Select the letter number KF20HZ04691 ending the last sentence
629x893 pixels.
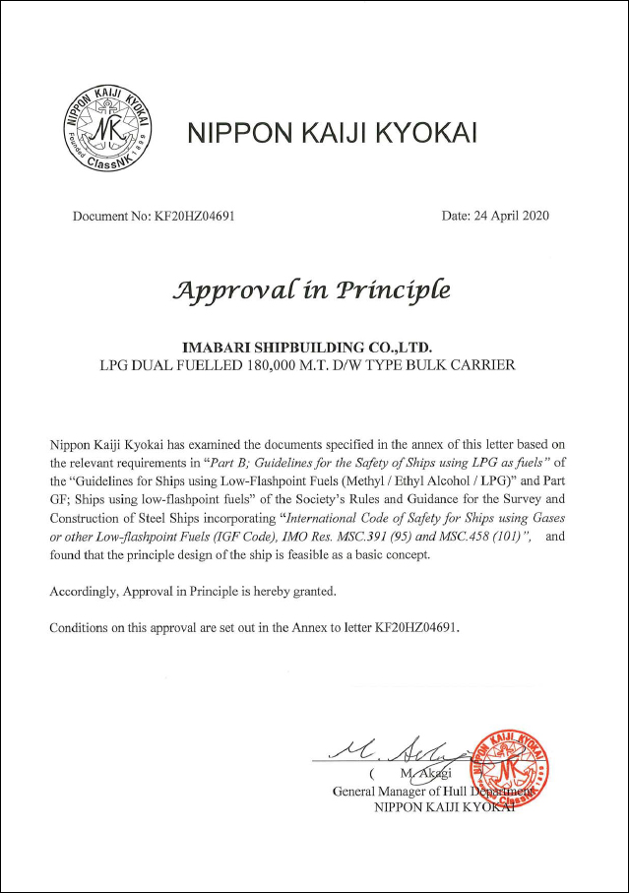(414, 627)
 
